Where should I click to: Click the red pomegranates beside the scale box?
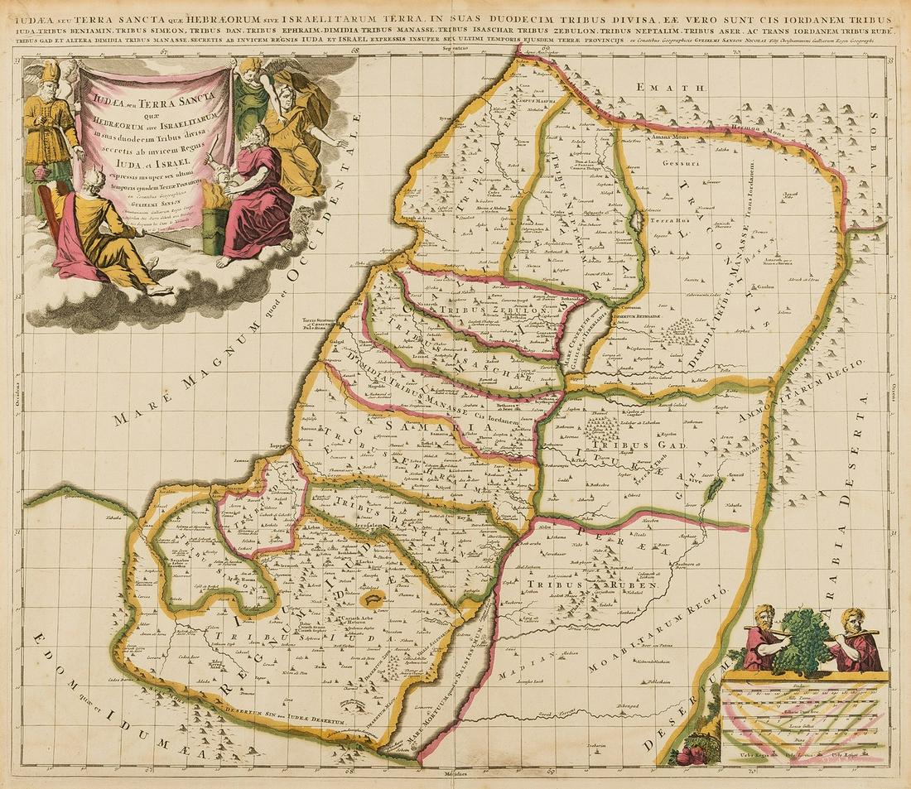(687, 758)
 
